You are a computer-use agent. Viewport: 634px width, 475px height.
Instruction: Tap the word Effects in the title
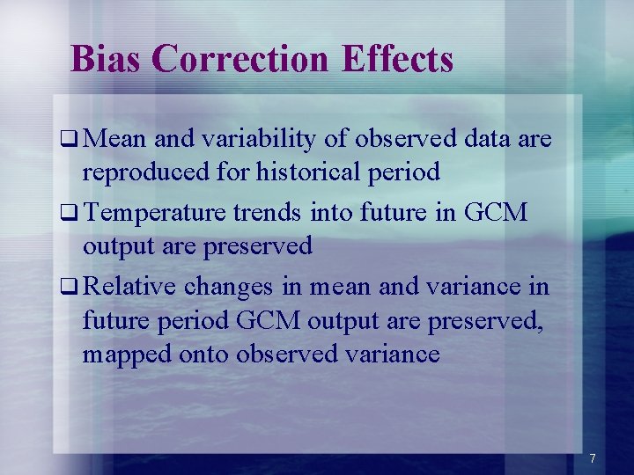(x=397, y=59)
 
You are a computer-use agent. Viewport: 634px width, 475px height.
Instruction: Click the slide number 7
(x=593, y=458)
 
